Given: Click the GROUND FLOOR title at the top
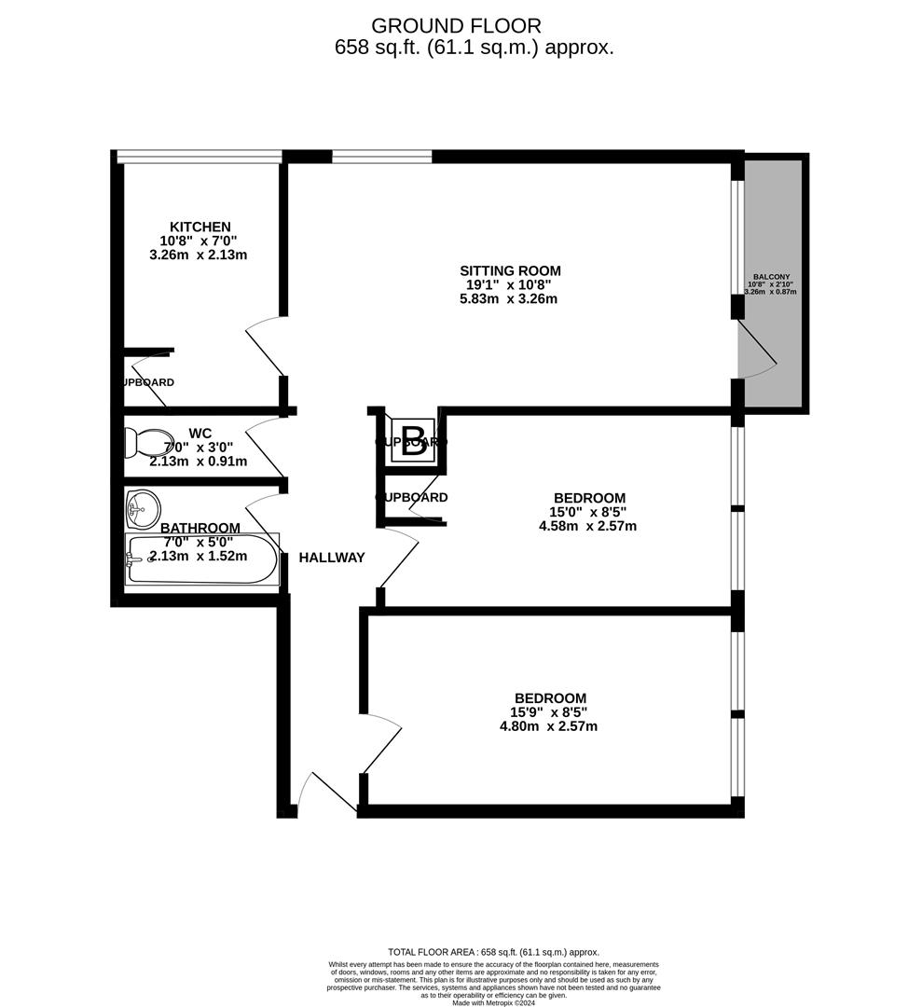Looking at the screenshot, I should point(455,26).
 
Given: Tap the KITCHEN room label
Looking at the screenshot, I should point(200,227).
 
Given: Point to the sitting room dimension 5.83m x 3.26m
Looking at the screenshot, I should point(508,299).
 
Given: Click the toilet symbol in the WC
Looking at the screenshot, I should point(149,442).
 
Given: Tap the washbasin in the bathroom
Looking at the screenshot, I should point(142,507).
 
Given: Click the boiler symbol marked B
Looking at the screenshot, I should point(412,438).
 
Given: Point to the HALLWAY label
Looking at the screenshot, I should point(331,558).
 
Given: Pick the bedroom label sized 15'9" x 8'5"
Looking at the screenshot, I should point(550,698).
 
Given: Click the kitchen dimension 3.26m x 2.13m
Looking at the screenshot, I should point(200,255).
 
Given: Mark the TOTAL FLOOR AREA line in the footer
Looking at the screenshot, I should point(493,952).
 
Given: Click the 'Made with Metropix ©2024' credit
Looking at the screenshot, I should point(493,1002).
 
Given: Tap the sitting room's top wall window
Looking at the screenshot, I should point(382,157).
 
